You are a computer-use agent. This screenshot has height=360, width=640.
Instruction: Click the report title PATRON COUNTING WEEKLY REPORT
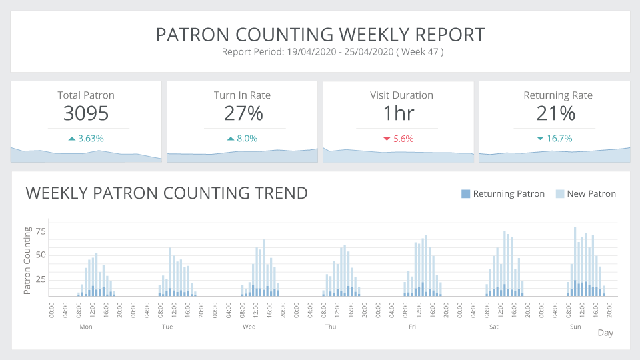pyautogui.click(x=320, y=35)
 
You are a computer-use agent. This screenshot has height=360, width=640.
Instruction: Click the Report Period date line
pyautogui.click(x=333, y=52)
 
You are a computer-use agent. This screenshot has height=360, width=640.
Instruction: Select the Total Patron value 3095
pyautogui.click(x=86, y=113)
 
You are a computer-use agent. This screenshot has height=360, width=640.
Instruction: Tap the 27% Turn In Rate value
pyautogui.click(x=243, y=113)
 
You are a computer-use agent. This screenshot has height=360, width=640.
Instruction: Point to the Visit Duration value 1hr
pyautogui.click(x=399, y=113)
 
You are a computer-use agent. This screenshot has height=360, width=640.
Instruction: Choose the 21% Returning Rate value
pyautogui.click(x=555, y=113)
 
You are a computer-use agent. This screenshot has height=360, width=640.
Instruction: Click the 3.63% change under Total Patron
pyautogui.click(x=87, y=139)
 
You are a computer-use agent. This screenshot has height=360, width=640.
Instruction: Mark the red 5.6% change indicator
pyautogui.click(x=399, y=139)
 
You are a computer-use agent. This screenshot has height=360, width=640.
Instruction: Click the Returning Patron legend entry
pyautogui.click(x=503, y=194)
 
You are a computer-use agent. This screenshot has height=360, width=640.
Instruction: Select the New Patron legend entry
pyautogui.click(x=586, y=194)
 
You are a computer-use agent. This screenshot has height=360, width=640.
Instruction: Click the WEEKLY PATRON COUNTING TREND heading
pyautogui.click(x=167, y=193)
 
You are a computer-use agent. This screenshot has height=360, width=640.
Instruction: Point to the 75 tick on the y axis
pyautogui.click(x=41, y=231)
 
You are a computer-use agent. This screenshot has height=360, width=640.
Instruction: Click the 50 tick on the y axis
pyautogui.click(x=41, y=255)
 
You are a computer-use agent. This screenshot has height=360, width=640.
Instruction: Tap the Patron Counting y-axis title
pyautogui.click(x=28, y=261)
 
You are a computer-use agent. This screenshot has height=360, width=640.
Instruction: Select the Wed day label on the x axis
pyautogui.click(x=249, y=327)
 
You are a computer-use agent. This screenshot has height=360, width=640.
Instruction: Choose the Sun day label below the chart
pyautogui.click(x=575, y=327)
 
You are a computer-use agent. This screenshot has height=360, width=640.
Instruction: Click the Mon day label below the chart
pyautogui.click(x=85, y=327)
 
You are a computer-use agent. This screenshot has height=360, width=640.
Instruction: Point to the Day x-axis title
pyautogui.click(x=605, y=333)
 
